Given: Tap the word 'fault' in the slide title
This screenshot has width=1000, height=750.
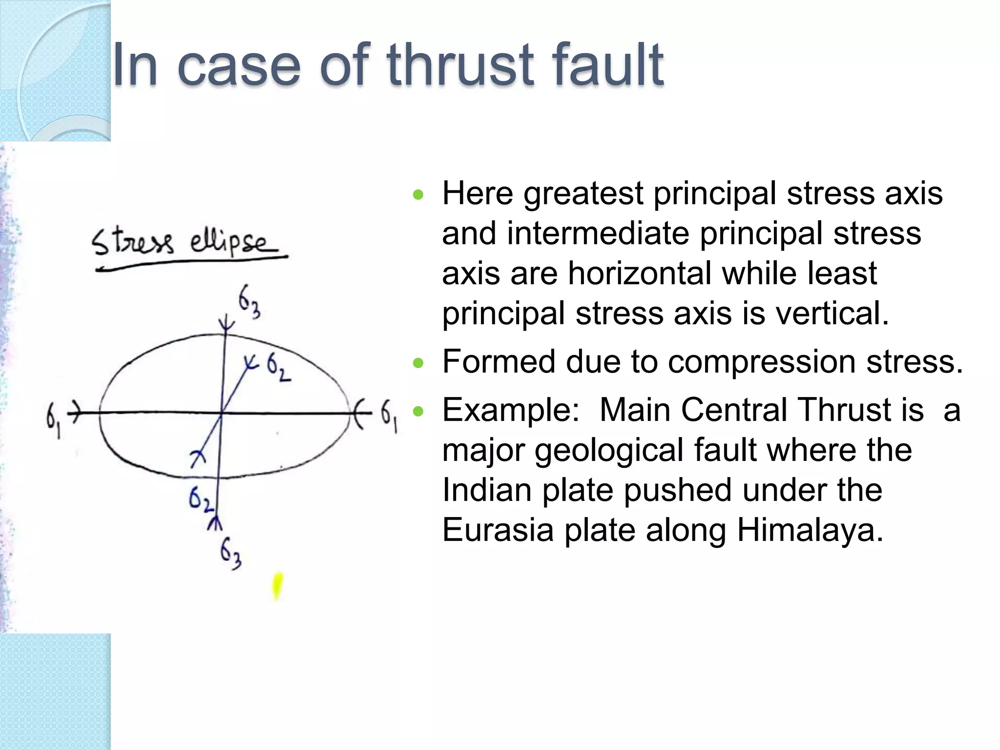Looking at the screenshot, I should coord(608,64).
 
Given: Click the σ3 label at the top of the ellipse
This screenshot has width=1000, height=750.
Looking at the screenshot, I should coord(249,301).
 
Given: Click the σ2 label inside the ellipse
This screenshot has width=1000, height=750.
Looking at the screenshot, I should coord(279,368).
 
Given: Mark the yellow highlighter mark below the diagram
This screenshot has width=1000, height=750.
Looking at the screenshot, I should coord(277,586).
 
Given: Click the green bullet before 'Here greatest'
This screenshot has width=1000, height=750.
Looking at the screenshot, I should coord(418,195).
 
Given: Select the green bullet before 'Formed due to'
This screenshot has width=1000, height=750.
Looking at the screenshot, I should coord(418,363).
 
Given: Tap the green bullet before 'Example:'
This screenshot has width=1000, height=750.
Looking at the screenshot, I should coord(418,411).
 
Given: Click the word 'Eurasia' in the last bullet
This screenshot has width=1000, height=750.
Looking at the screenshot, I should coord(498,530).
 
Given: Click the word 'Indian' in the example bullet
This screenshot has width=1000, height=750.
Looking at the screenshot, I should coord(487,490).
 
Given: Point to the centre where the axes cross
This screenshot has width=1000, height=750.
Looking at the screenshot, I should coord(222,414).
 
